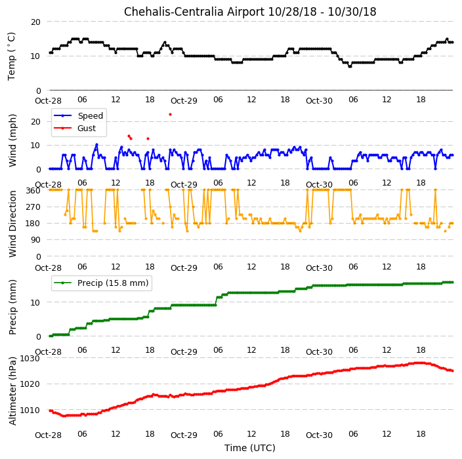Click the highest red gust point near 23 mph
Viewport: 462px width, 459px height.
coord(171,115)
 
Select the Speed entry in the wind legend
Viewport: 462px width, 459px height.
coord(78,115)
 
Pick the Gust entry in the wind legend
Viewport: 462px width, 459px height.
coord(75,129)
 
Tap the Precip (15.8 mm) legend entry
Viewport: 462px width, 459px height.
coord(101,283)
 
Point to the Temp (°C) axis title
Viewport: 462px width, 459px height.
coord(12,56)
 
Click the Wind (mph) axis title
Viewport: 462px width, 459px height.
coord(12,140)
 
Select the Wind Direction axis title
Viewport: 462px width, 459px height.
coord(12,224)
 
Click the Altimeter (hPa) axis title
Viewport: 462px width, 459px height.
coord(12,391)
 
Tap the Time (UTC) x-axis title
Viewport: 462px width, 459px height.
coord(250,448)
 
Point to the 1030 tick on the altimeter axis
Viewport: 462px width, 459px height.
coord(30,358)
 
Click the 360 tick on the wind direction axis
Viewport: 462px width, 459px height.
coord(33,191)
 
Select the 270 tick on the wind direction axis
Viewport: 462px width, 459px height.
coord(33,207)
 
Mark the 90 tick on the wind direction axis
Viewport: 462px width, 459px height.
coord(35,240)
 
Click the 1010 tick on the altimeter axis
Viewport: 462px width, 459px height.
coord(30,410)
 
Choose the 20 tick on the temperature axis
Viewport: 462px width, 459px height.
coord(35,22)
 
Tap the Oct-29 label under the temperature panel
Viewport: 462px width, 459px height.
coord(184,101)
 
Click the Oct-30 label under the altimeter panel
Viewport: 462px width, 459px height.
coord(319,435)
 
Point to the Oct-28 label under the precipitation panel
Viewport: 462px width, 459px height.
coord(48,351)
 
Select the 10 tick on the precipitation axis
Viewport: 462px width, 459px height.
coord(35,303)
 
